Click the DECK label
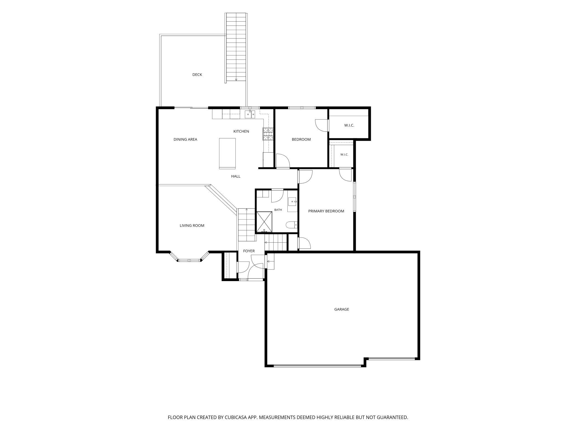(197, 74)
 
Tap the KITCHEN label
(241, 131)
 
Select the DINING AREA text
(185, 139)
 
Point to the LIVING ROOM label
(192, 225)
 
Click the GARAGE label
(341, 309)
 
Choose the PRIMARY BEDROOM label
(326, 211)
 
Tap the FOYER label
(249, 251)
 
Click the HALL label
(236, 176)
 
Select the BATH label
(278, 210)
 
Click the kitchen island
(227, 153)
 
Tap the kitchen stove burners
(268, 134)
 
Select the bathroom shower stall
(264, 222)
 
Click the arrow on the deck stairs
(236, 80)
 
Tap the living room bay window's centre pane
(189, 260)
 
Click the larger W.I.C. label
(349, 125)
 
